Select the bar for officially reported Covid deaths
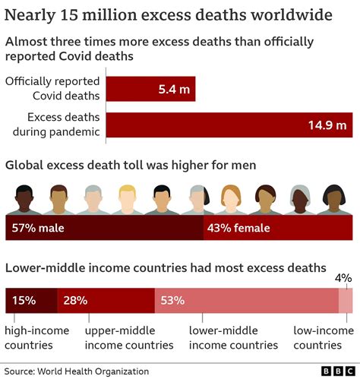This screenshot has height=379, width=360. click(x=150, y=89)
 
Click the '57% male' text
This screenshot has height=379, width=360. click(x=37, y=227)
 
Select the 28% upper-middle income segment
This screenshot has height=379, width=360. click(x=106, y=301)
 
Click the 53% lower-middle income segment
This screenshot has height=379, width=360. click(x=246, y=301)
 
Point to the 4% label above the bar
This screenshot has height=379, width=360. click(x=344, y=279)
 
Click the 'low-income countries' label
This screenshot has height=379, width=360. click(x=323, y=337)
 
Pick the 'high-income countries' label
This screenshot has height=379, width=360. click(x=36, y=337)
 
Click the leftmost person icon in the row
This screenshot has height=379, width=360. click(x=24, y=200)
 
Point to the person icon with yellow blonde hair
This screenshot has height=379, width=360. click(x=128, y=200)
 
